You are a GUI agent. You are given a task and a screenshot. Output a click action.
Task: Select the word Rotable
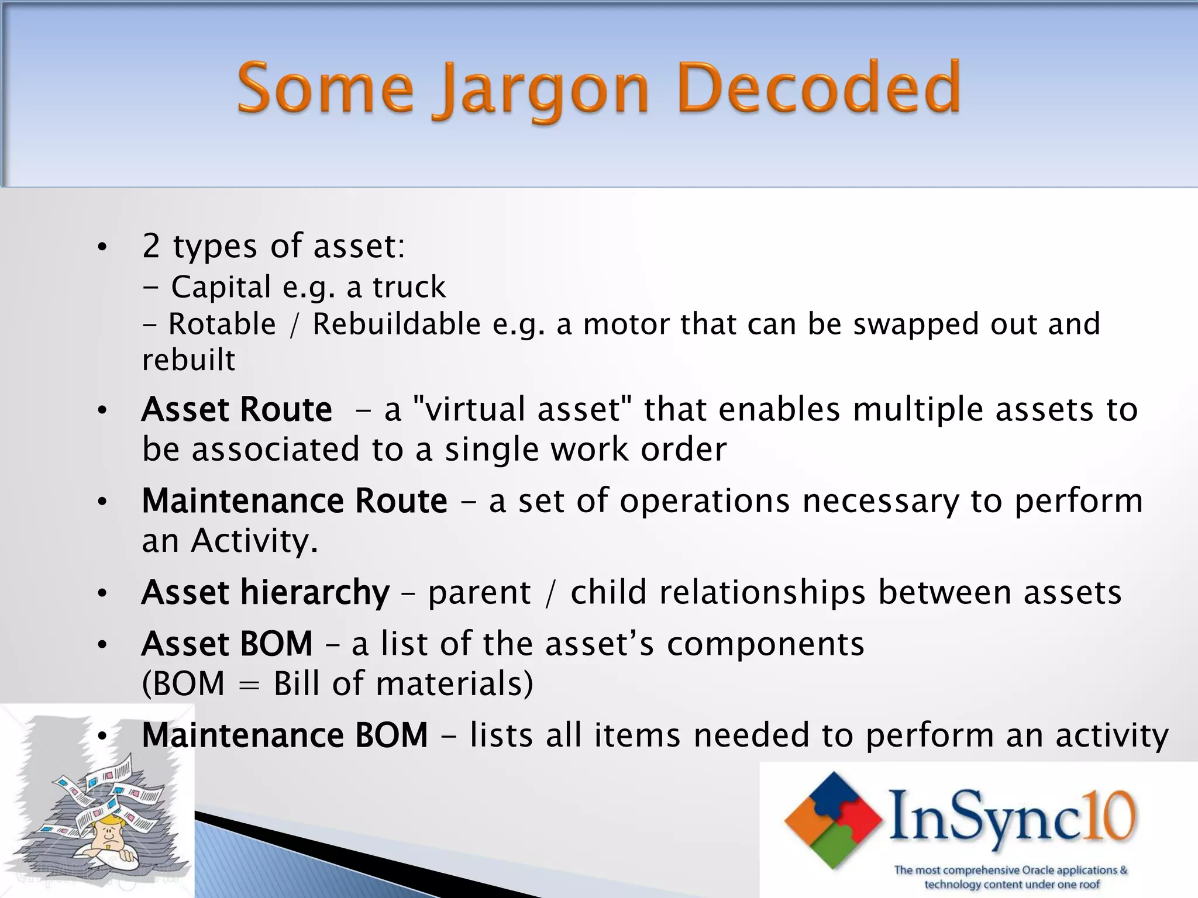[222, 324]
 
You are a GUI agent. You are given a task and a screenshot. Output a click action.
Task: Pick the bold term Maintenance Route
[294, 501]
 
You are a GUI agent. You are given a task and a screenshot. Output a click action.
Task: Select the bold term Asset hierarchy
[266, 592]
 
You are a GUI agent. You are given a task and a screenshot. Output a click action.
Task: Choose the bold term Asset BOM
[228, 644]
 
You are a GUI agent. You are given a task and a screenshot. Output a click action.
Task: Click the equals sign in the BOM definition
[249, 684]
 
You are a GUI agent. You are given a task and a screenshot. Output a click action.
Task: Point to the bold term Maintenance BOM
[285, 735]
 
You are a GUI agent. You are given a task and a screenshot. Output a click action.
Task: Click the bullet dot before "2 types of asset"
[102, 247]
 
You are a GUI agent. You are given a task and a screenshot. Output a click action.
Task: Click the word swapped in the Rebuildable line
[915, 324]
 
